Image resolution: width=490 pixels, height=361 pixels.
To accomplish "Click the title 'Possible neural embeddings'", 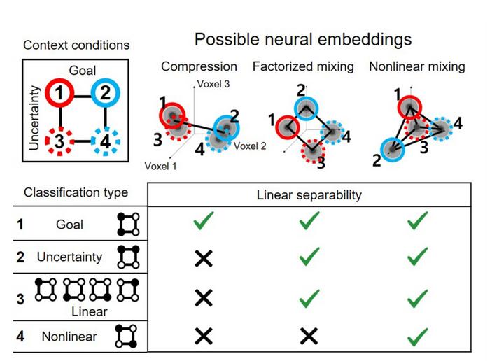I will click(303, 38).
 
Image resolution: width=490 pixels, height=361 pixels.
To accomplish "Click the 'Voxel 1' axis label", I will click(160, 166).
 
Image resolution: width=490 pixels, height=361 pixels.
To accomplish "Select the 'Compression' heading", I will click(199, 66).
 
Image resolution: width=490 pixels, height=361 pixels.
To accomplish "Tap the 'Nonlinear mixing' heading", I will click(418, 66).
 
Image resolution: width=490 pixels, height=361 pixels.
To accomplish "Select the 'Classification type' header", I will click(76, 192).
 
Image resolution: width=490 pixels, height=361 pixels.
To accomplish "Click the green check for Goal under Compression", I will click(203, 223).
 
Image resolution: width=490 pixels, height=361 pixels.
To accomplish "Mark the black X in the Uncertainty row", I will click(203, 258).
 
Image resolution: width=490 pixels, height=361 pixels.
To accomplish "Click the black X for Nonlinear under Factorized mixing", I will click(309, 337).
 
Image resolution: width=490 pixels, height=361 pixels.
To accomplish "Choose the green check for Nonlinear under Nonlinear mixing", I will click(418, 337).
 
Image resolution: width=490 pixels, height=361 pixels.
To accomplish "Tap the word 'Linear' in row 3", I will click(90, 311).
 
